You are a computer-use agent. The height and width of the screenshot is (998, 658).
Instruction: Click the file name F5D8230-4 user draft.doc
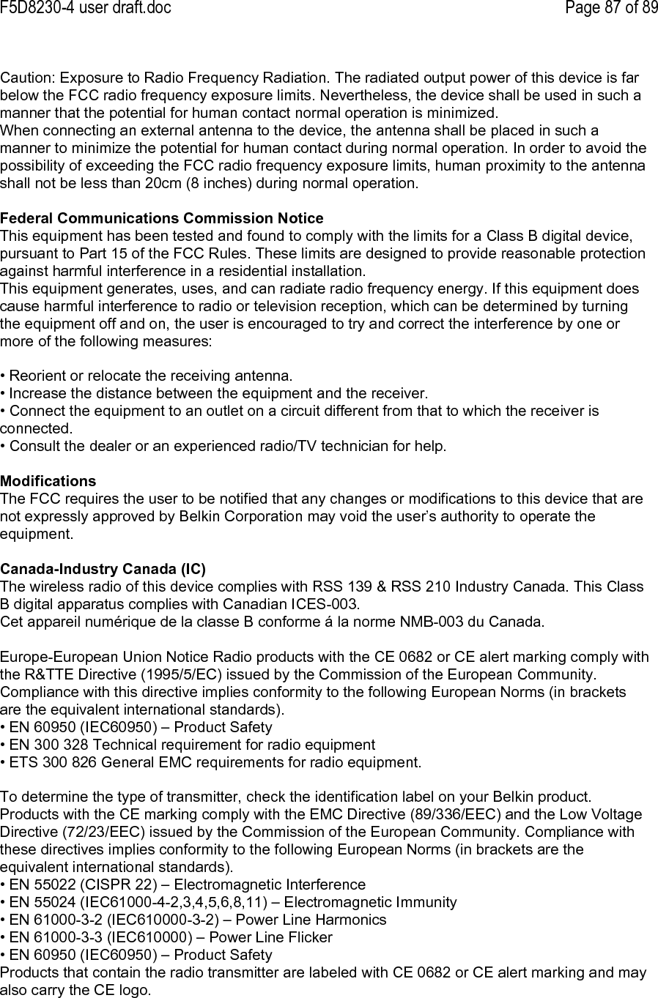pos(86,8)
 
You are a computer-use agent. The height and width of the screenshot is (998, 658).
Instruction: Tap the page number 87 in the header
pos(601,8)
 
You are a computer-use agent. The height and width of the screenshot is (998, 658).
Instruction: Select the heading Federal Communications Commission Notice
pos(161,218)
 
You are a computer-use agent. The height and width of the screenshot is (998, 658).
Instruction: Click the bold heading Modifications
pos(48,481)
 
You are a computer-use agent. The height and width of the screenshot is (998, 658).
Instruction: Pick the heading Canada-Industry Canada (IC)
pos(103,569)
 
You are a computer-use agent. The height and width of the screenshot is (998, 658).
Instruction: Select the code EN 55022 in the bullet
pos(37,885)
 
